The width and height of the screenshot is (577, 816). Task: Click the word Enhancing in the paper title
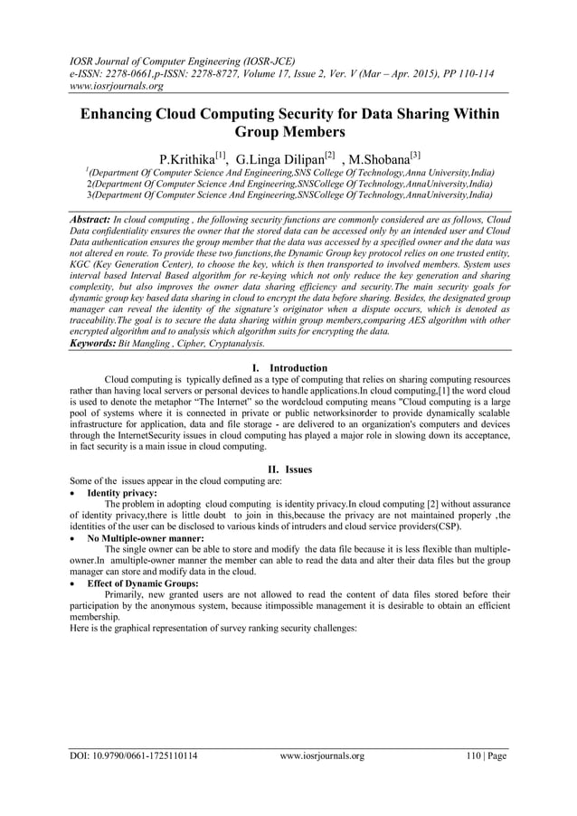[125, 117]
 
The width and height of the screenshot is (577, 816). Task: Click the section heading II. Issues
[288, 470]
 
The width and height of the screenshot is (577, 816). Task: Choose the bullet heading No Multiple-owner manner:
[139, 537]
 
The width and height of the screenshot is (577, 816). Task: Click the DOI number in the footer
[135, 756]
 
